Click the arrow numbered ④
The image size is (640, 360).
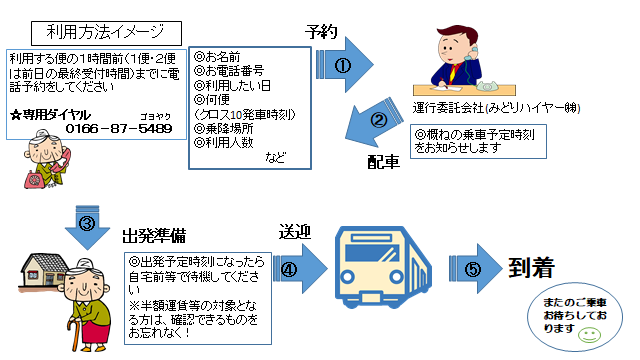point(295,269)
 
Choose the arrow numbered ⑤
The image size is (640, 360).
point(478,269)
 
